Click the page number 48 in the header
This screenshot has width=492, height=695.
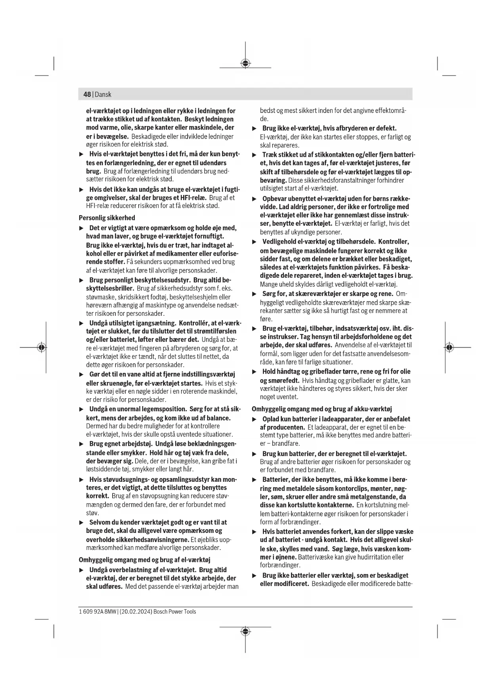(87, 94)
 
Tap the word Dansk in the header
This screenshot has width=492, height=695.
(103, 94)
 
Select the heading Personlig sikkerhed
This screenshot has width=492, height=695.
(107, 218)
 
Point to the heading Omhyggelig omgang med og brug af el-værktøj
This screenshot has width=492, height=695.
(144, 559)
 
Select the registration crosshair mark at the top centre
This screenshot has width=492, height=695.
(245, 63)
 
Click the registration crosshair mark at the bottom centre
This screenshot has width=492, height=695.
(245, 631)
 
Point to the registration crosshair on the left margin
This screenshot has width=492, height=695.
(41, 347)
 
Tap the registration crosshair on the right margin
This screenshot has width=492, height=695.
(449, 347)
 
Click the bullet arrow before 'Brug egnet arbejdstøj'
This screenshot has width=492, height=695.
(81, 444)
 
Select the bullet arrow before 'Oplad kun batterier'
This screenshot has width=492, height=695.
(255, 419)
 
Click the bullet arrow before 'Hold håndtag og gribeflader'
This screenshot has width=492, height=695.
(255, 372)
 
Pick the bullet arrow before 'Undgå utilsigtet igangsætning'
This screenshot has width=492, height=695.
(81, 323)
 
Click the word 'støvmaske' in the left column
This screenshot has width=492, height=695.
(97, 297)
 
